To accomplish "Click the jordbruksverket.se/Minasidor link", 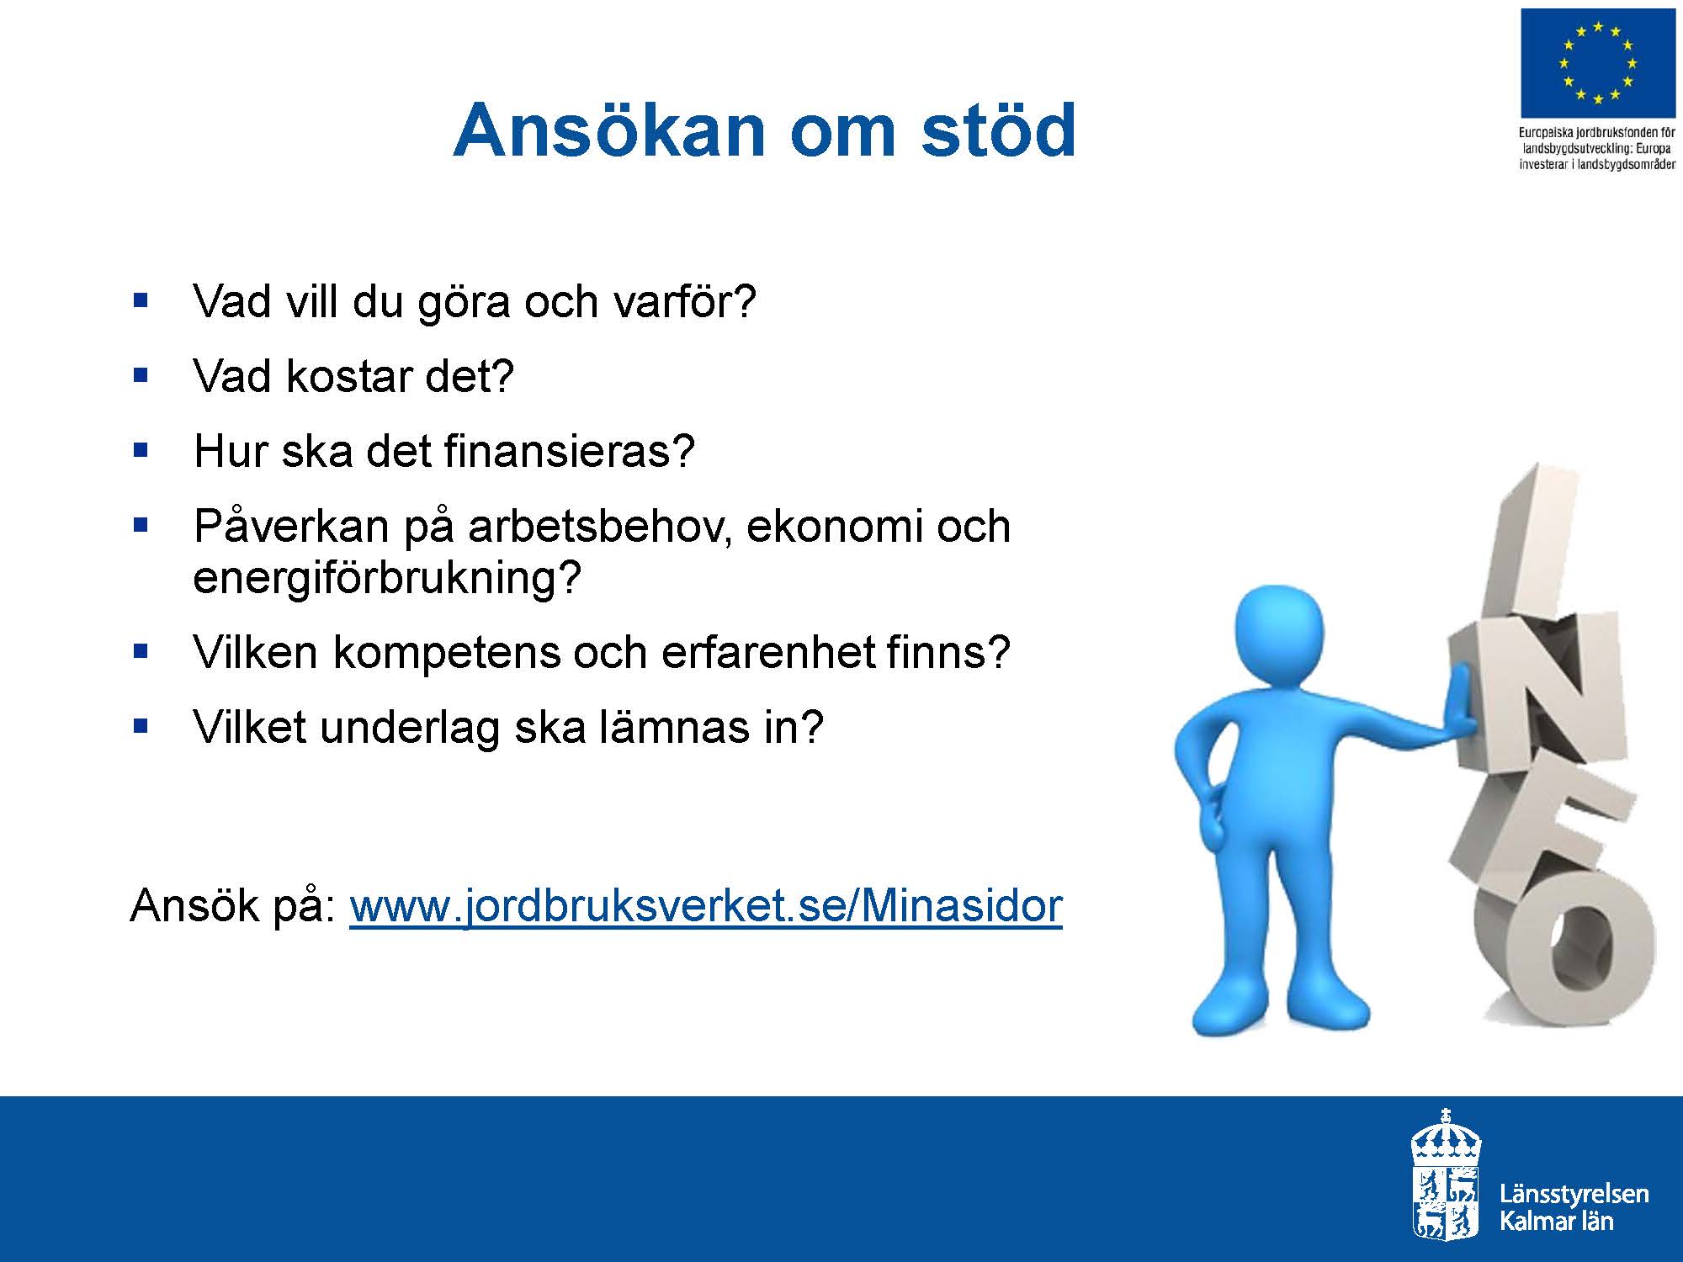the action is [706, 906].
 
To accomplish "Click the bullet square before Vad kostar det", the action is [141, 374].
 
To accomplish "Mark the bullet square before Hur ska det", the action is [141, 450].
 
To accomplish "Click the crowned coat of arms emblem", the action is [1446, 1174].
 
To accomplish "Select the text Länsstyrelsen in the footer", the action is [1574, 1195].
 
